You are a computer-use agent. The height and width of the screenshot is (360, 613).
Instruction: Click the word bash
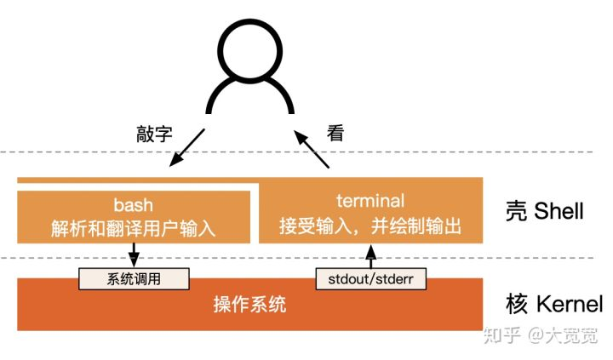tap(133, 206)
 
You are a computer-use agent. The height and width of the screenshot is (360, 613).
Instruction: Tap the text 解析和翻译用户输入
tap(133, 227)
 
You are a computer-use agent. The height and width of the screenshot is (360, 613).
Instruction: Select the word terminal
tap(370, 202)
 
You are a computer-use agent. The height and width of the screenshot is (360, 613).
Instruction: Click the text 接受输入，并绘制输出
tap(370, 227)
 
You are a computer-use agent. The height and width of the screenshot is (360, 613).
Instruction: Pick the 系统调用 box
tap(135, 278)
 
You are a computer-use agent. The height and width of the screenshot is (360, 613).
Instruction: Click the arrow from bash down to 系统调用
tap(134, 254)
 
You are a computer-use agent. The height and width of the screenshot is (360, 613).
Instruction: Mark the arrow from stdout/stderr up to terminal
tap(370, 256)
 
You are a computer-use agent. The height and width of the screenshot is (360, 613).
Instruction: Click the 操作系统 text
tap(249, 304)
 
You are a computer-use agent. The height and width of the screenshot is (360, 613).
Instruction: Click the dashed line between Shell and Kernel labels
tap(528, 258)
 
